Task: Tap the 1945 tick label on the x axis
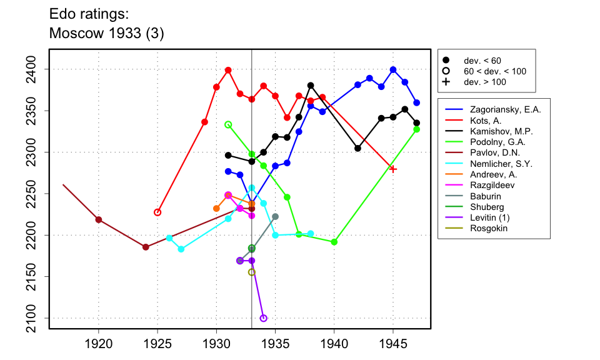[393, 344]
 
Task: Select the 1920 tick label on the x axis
[98, 344]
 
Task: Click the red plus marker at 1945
[393, 169]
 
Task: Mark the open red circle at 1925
[157, 212]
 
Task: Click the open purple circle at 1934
[263, 318]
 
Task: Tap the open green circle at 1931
[228, 124]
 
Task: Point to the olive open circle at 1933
[252, 272]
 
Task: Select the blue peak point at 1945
[393, 69]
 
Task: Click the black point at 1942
[357, 148]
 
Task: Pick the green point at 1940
[334, 242]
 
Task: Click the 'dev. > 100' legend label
[485, 82]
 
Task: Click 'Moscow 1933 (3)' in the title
[106, 33]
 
